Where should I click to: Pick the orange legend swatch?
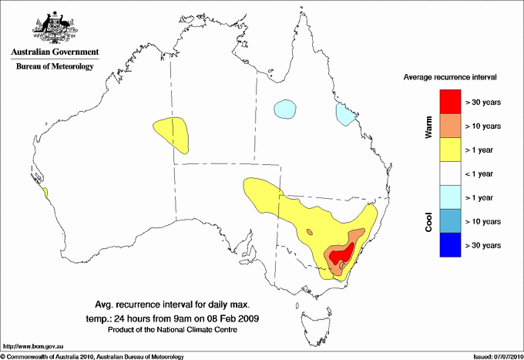click(449, 126)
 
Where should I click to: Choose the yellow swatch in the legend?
click(449, 150)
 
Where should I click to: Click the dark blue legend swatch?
click(449, 245)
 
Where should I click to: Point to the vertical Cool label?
click(429, 221)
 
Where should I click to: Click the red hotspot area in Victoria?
click(341, 253)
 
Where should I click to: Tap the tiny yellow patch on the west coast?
click(45, 192)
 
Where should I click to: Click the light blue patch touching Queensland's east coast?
click(344, 115)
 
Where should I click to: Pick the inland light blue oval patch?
click(286, 109)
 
